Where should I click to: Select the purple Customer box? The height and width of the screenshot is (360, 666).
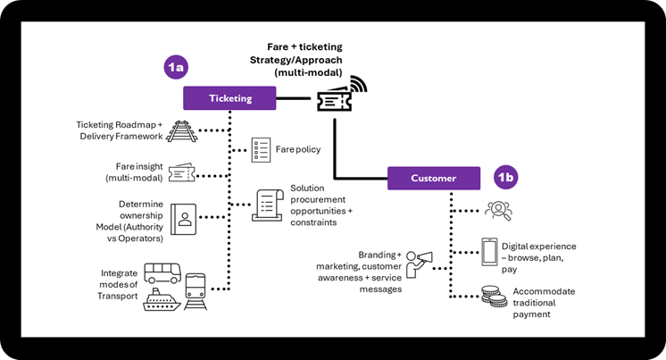tap(433, 178)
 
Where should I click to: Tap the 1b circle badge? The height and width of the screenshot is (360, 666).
tap(505, 177)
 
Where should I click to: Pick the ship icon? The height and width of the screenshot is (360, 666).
tap(162, 299)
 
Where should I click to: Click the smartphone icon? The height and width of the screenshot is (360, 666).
tap(490, 251)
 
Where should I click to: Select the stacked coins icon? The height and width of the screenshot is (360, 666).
tap(489, 296)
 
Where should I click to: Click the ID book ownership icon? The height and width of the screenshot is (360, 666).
tap(185, 219)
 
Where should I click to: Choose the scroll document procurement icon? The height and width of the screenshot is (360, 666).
tap(269, 205)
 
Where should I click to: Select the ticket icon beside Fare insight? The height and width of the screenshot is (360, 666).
tap(181, 172)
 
